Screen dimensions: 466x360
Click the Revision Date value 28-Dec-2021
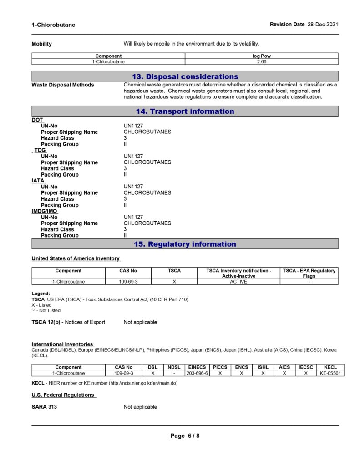(x=323, y=25)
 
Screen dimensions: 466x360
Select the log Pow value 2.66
(x=261, y=61)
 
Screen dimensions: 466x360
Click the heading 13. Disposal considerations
(x=185, y=76)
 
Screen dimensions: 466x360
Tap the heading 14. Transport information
(x=185, y=111)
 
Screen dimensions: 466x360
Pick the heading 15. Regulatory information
(x=185, y=244)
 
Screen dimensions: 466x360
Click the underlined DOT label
(x=37, y=120)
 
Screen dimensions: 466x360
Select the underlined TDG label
(x=40, y=150)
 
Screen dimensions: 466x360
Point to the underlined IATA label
(x=38, y=181)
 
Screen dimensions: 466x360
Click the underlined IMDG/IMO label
(x=44, y=211)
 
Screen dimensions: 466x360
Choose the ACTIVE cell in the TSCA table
(x=238, y=282)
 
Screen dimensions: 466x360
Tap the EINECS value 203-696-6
(x=197, y=373)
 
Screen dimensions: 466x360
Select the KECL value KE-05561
(x=330, y=373)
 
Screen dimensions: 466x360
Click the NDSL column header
(x=174, y=367)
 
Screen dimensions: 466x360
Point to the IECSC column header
(x=306, y=367)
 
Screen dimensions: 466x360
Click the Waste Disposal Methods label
(x=63, y=85)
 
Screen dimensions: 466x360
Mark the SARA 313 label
(x=44, y=407)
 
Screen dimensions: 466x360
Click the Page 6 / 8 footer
(x=185, y=436)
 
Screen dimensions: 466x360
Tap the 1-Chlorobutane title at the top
(x=53, y=25)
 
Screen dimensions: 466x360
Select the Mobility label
(x=41, y=44)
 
